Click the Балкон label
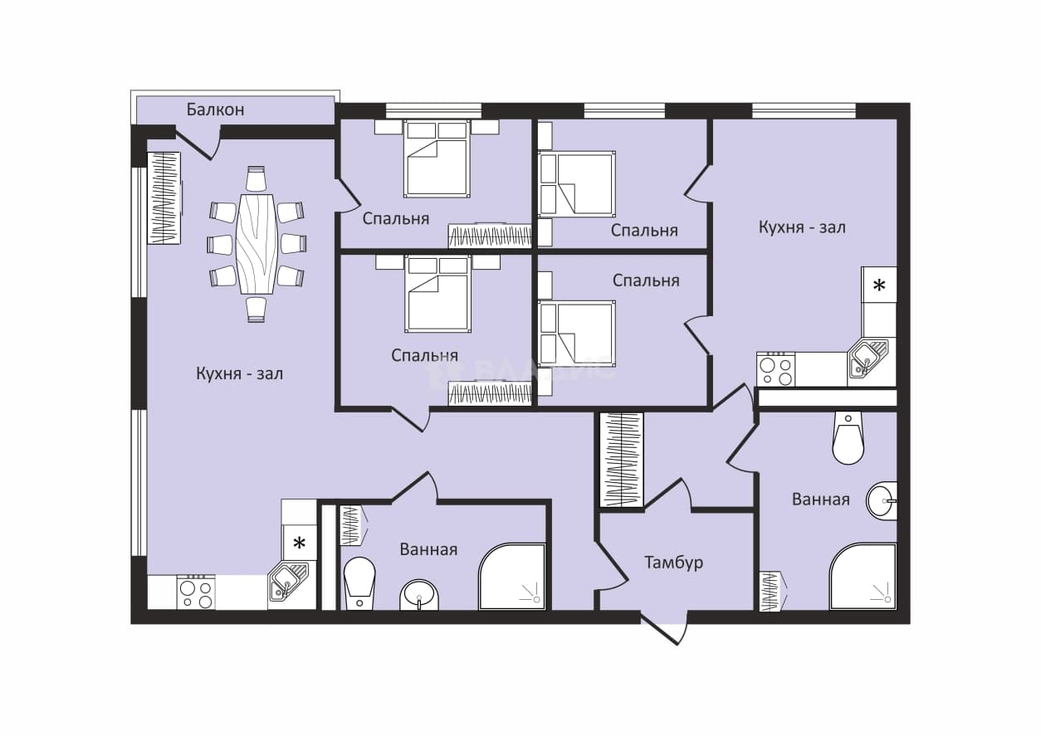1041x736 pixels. pyautogui.click(x=215, y=110)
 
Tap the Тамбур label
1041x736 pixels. pyautogui.click(x=673, y=563)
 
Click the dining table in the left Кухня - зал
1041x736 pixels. pyautogui.click(x=257, y=244)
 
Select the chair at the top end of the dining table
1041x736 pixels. pyautogui.click(x=256, y=178)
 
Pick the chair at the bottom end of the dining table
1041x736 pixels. pyautogui.click(x=256, y=310)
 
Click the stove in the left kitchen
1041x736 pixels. pyautogui.click(x=196, y=592)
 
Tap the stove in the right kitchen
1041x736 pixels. pyautogui.click(x=775, y=369)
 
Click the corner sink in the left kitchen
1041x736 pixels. pyautogui.click(x=288, y=581)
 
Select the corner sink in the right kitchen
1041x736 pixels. pyautogui.click(x=867, y=358)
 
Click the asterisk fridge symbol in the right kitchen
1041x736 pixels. pyautogui.click(x=879, y=285)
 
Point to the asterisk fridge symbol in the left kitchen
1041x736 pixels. pyautogui.click(x=300, y=542)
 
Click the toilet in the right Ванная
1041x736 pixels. pyautogui.click(x=848, y=437)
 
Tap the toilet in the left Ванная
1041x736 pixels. pyautogui.click(x=359, y=583)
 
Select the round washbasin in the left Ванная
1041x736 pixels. pyautogui.click(x=418, y=595)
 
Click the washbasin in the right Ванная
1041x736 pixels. pyautogui.click(x=882, y=501)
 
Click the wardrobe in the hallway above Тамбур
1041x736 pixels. pyautogui.click(x=621, y=460)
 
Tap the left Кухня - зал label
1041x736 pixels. pyautogui.click(x=239, y=373)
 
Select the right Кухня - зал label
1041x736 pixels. pyautogui.click(x=802, y=227)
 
